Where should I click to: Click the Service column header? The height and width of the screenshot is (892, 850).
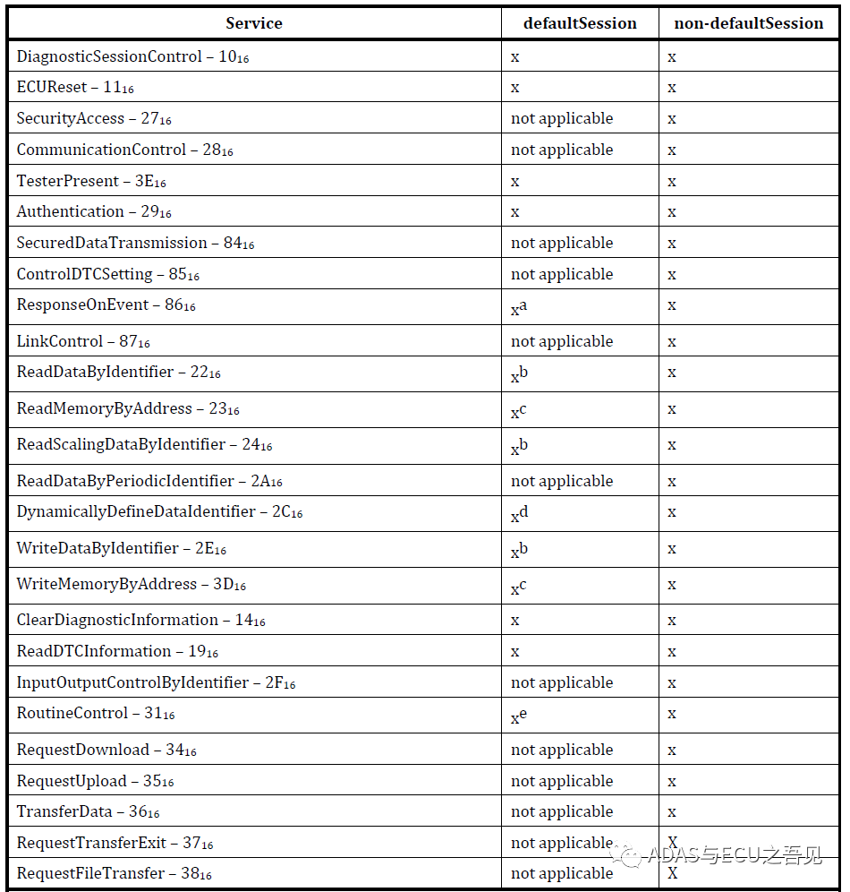[x=253, y=23]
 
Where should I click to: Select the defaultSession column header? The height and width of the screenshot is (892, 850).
[x=580, y=23]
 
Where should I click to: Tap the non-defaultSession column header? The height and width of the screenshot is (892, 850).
[x=748, y=23]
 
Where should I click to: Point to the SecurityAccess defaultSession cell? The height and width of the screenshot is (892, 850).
[x=562, y=118]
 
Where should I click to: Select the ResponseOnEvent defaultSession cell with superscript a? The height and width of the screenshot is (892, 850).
[x=519, y=307]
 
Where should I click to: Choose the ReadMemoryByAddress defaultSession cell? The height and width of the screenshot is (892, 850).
[x=519, y=410]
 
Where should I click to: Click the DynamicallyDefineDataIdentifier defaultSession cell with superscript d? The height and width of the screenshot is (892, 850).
[x=519, y=514]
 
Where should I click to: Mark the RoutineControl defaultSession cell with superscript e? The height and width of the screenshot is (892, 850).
[x=519, y=716]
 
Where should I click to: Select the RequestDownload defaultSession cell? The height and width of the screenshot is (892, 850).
[x=562, y=750]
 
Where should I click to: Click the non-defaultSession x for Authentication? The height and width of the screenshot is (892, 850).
[x=672, y=212]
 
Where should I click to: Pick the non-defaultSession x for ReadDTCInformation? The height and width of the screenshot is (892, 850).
[x=672, y=651]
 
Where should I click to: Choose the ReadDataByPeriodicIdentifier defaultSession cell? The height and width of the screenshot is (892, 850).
[x=562, y=481]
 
